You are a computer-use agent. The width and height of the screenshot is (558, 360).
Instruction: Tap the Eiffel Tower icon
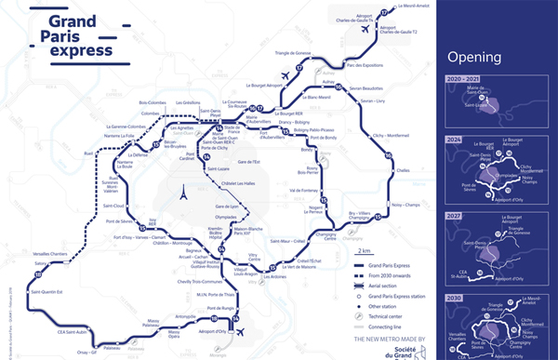pyautogui.click(x=184, y=196)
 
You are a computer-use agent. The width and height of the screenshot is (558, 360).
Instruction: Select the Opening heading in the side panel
pyautogui.click(x=475, y=57)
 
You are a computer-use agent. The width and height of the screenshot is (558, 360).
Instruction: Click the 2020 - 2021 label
pyautogui.click(x=467, y=80)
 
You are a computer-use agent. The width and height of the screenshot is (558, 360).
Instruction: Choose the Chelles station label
pyautogui.click(x=402, y=169)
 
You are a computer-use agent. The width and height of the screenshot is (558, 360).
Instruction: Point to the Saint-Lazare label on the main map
pyautogui.click(x=216, y=168)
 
